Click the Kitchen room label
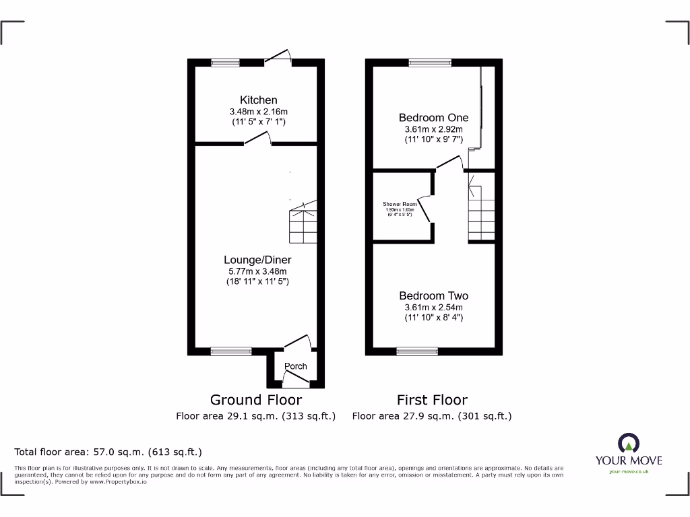tap(258, 100)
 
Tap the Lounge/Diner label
tap(258, 259)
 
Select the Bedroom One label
tap(433, 118)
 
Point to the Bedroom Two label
tap(433, 296)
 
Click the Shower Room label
tap(400, 204)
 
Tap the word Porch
tap(295, 366)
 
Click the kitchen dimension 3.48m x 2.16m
tap(258, 112)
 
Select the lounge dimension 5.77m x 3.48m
tap(258, 271)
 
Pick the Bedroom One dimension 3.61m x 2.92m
tap(433, 129)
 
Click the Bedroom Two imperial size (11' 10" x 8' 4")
tap(433, 317)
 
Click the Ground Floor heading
tap(256, 400)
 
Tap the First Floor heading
tap(432, 400)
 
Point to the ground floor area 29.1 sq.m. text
tap(256, 416)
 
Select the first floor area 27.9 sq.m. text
tap(432, 416)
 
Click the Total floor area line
tap(108, 452)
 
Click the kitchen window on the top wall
tap(225, 63)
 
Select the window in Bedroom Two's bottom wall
tap(416, 351)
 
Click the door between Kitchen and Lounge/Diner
tap(257, 140)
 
